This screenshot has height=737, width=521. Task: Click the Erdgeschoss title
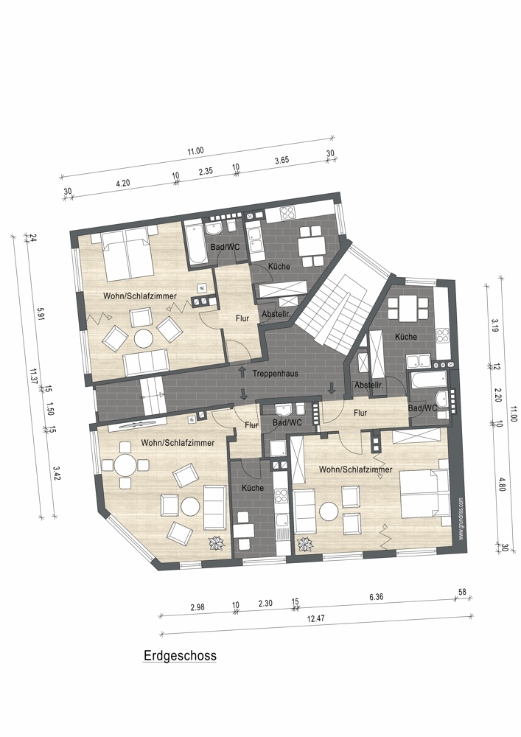[180, 656]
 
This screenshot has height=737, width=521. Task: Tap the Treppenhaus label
[276, 374]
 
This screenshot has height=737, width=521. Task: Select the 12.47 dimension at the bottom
[315, 618]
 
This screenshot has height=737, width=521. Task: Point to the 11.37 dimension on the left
[33, 376]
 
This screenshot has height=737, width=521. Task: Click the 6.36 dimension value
[377, 598]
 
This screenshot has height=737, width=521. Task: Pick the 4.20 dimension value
[122, 184]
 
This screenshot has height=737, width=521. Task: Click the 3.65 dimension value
[282, 160]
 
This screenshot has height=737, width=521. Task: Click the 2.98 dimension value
[197, 607]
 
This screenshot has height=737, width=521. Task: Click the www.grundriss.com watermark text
[461, 519]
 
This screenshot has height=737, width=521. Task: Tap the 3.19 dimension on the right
[494, 325]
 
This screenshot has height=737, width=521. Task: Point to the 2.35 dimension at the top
[206, 172]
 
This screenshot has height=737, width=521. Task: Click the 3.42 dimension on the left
[57, 473]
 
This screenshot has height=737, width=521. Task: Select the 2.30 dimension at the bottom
[265, 603]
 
